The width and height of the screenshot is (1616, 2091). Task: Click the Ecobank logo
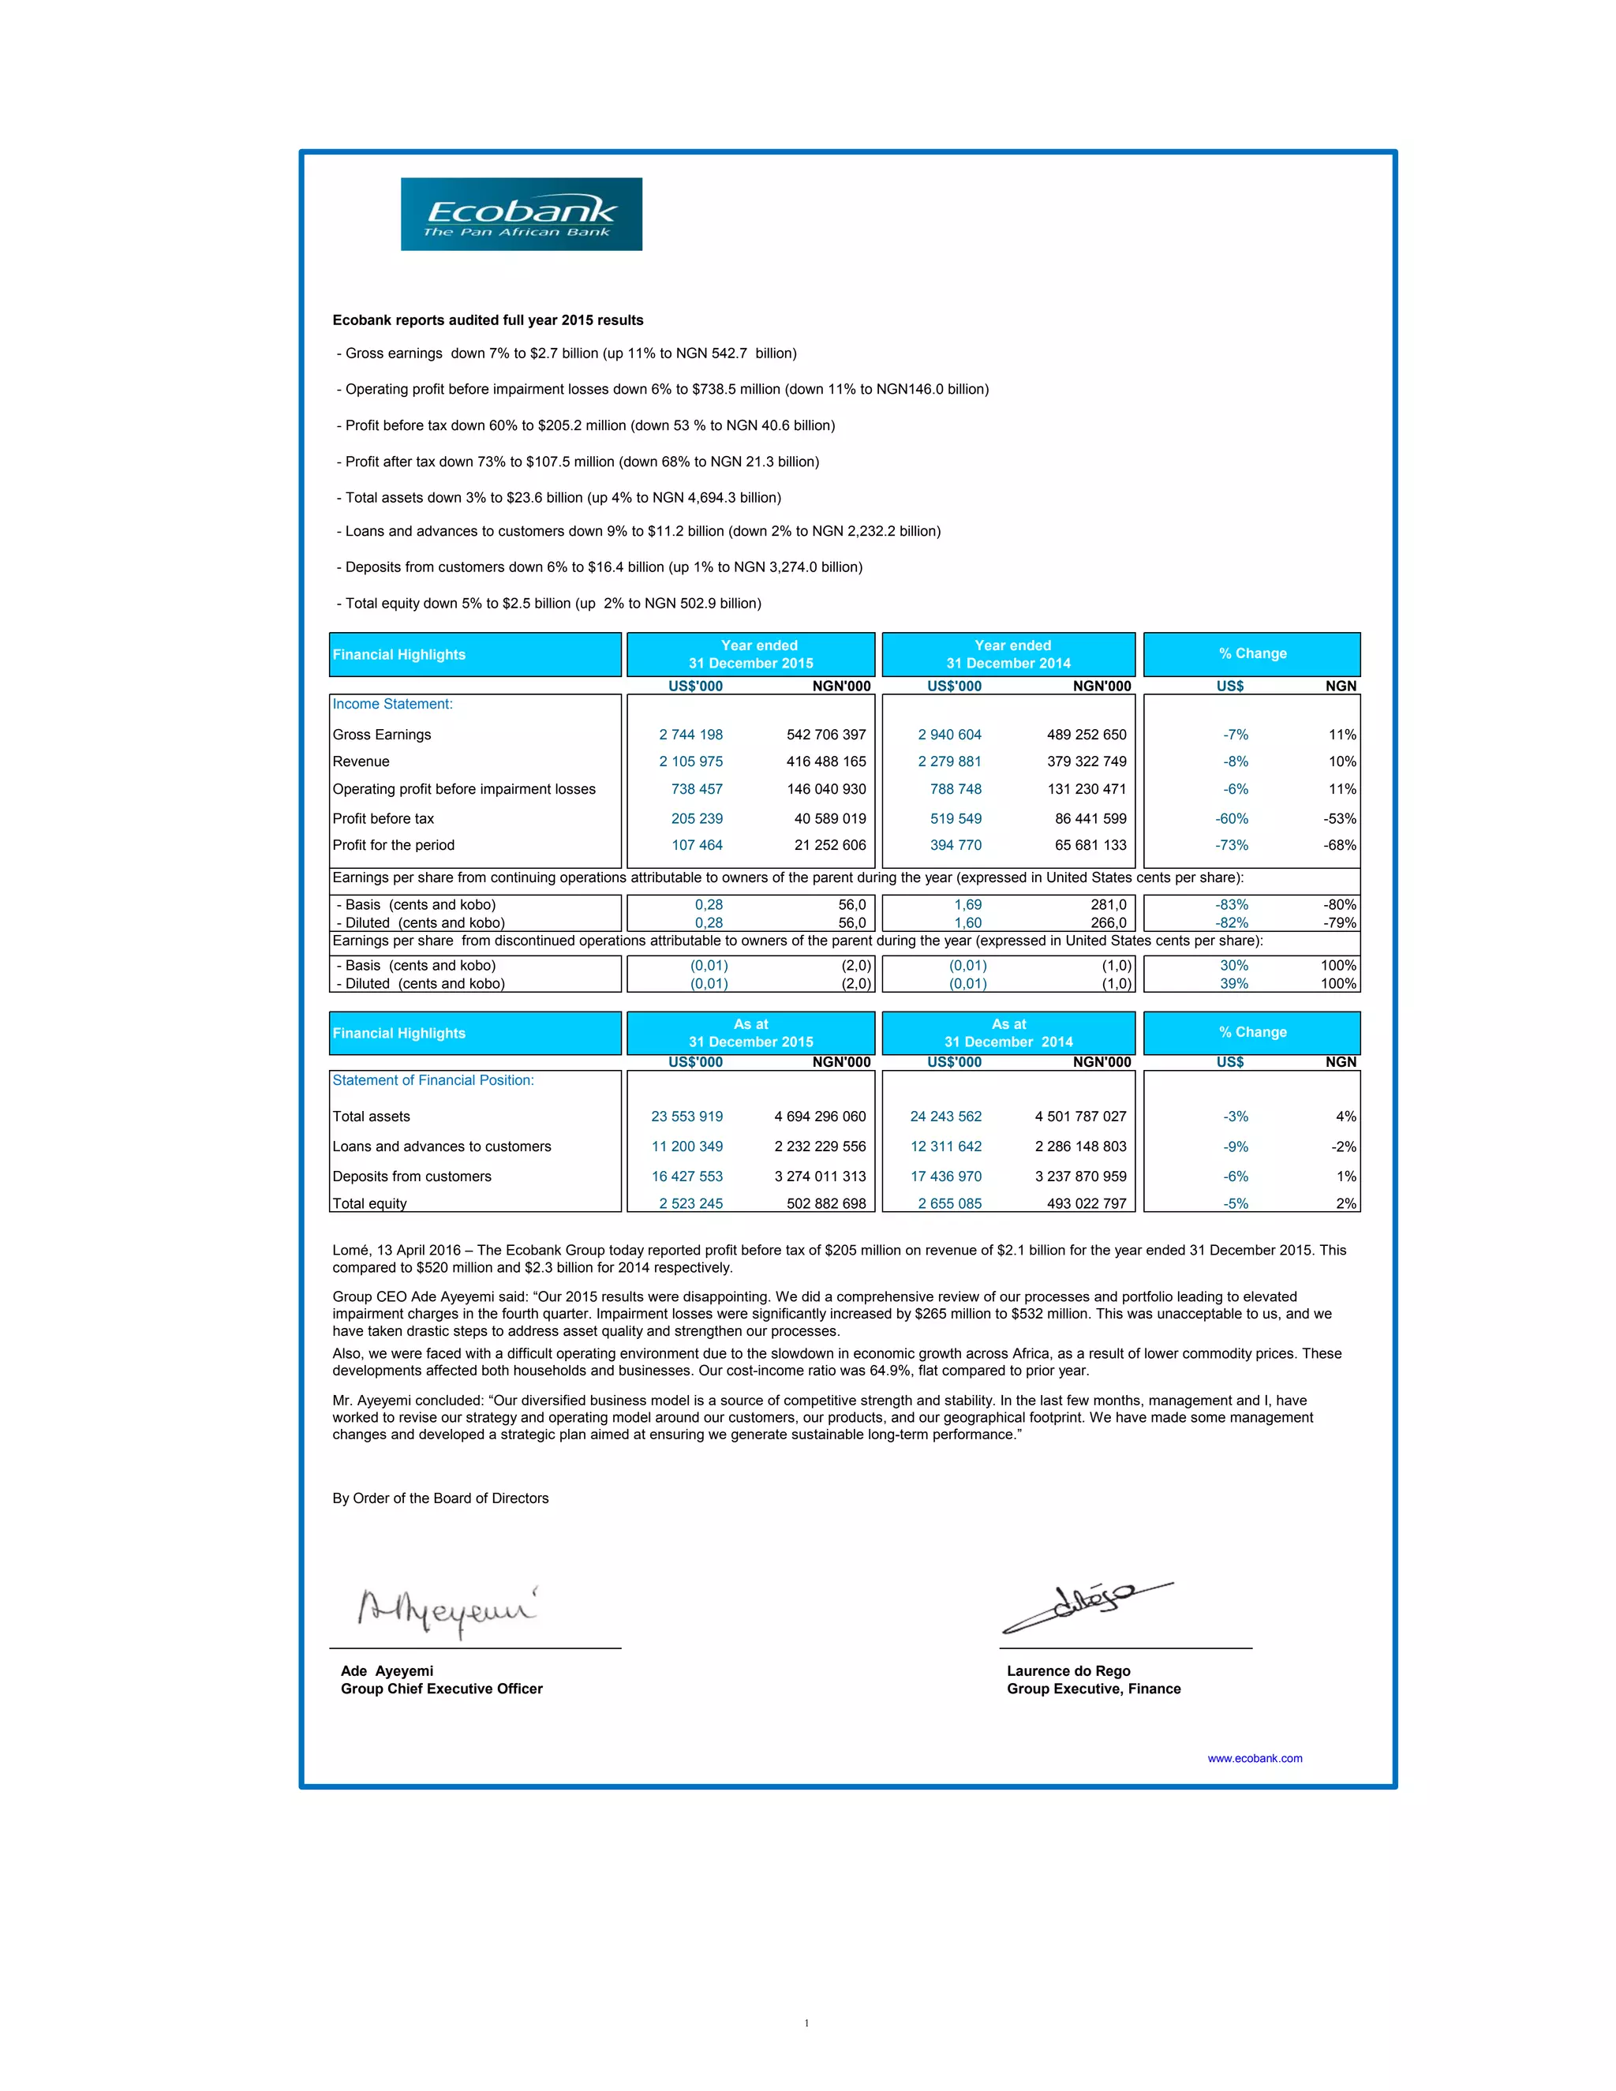pos(521,215)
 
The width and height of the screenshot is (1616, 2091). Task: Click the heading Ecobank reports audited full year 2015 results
pos(488,320)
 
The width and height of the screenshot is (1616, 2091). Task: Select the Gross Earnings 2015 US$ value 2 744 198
pos(690,735)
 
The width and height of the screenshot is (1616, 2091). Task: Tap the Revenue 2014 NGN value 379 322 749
pos(1087,761)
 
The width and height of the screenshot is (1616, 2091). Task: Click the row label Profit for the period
pos(394,844)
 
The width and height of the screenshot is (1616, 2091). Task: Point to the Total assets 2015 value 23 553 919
pos(686,1117)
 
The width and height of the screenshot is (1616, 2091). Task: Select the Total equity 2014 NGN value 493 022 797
pos(1087,1203)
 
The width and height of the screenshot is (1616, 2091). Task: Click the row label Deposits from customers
pos(412,1176)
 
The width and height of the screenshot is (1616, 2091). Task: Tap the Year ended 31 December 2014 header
pos(1009,654)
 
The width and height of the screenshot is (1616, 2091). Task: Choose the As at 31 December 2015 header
pos(750,1032)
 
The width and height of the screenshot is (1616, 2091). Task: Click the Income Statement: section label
pos(392,704)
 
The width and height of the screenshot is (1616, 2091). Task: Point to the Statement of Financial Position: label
pos(432,1080)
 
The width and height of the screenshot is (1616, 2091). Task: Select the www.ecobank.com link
pos(1254,1758)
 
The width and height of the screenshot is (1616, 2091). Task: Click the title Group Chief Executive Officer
pos(441,1689)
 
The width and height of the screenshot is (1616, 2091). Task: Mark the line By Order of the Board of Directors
pos(440,1498)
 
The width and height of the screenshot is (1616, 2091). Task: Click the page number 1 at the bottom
pos(806,2023)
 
